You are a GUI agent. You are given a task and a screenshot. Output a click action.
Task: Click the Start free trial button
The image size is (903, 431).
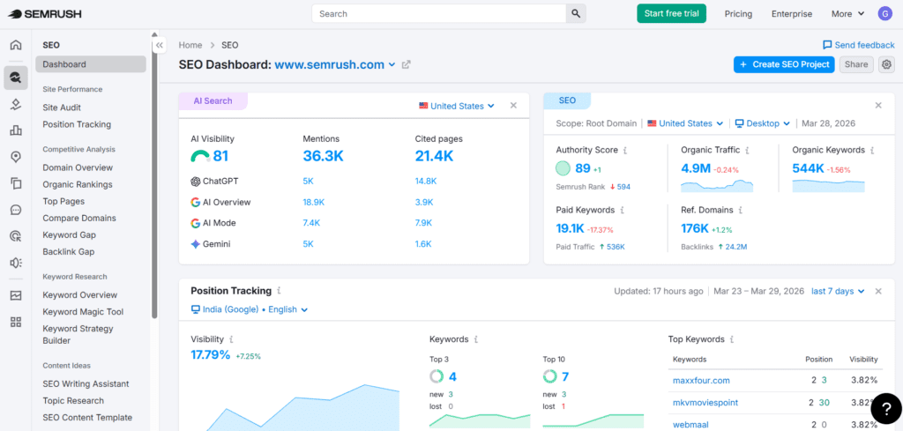671,13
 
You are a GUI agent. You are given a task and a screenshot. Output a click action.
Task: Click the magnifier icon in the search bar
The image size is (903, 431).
576,13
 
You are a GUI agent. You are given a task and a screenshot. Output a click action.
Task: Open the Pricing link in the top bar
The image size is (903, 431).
738,14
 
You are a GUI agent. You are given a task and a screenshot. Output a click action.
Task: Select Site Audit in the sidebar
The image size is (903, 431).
62,108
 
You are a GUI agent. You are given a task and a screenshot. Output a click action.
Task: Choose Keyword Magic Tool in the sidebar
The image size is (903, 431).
83,312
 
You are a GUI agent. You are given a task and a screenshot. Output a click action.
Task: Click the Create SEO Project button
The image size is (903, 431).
784,64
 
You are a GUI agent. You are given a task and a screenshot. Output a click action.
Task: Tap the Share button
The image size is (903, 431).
855,64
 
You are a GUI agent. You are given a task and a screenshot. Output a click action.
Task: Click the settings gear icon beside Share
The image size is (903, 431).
886,64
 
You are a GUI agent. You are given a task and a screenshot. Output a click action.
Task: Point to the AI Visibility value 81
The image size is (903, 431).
220,156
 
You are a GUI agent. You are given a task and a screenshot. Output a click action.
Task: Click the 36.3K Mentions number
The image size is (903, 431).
322,156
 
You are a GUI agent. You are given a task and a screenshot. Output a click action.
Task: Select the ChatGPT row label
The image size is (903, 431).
220,182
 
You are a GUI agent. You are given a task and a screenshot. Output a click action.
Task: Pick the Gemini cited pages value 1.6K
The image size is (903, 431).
423,244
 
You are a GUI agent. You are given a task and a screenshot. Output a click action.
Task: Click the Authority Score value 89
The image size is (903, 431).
582,168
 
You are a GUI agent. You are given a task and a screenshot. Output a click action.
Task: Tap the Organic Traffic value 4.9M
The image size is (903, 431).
694,168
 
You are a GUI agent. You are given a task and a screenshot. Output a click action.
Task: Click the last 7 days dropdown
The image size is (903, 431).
838,291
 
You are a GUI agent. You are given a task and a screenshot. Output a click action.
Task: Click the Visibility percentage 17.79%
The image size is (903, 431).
211,355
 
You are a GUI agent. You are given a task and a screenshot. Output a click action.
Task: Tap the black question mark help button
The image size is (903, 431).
885,410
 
